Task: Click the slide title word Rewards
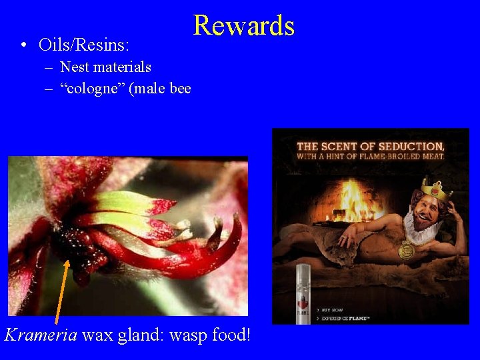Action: click(244, 26)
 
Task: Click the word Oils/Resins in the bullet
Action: click(84, 45)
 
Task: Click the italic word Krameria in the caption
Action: click(40, 334)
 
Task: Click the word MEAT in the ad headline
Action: click(428, 157)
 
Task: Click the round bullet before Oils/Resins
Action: click(23, 46)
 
